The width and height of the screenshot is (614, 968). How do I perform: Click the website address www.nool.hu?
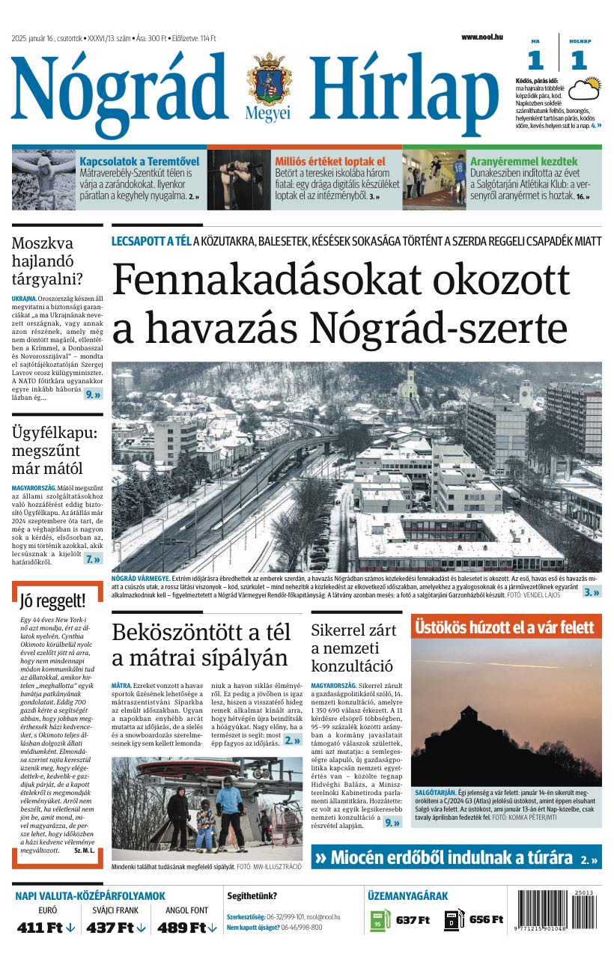click(481, 37)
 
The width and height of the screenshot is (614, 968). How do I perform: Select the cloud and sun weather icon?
click(584, 88)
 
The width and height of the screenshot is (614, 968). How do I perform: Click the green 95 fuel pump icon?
click(378, 920)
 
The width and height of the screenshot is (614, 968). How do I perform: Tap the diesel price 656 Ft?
click(486, 920)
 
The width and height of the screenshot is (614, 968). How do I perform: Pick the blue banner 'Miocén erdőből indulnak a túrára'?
click(455, 857)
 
